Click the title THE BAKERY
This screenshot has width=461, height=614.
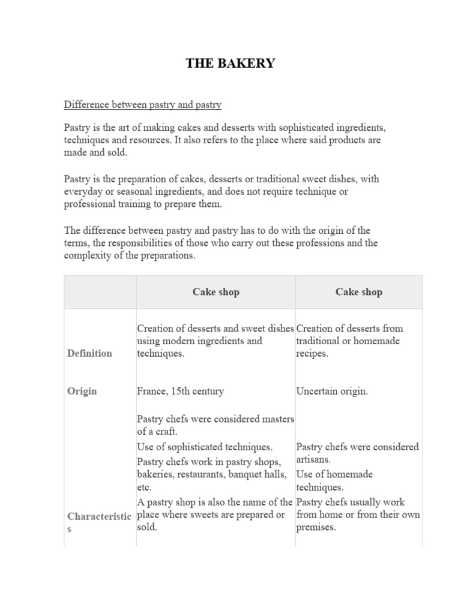click(230, 64)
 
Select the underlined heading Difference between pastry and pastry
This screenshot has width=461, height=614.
click(143, 105)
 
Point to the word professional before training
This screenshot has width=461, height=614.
click(88, 204)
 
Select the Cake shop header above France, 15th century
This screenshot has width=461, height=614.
click(215, 292)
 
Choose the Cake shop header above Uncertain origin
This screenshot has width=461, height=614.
click(358, 292)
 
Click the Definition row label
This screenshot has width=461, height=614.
click(89, 353)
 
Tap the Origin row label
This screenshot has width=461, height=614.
click(82, 392)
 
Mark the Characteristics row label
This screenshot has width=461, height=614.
click(98, 517)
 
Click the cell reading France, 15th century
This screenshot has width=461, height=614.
click(180, 392)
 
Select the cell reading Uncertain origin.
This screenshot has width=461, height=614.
click(332, 392)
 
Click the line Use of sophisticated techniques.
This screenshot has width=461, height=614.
click(205, 447)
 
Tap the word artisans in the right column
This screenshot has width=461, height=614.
click(313, 459)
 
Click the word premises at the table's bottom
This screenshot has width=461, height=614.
click(316, 528)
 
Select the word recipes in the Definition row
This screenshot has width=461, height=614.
click(312, 353)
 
